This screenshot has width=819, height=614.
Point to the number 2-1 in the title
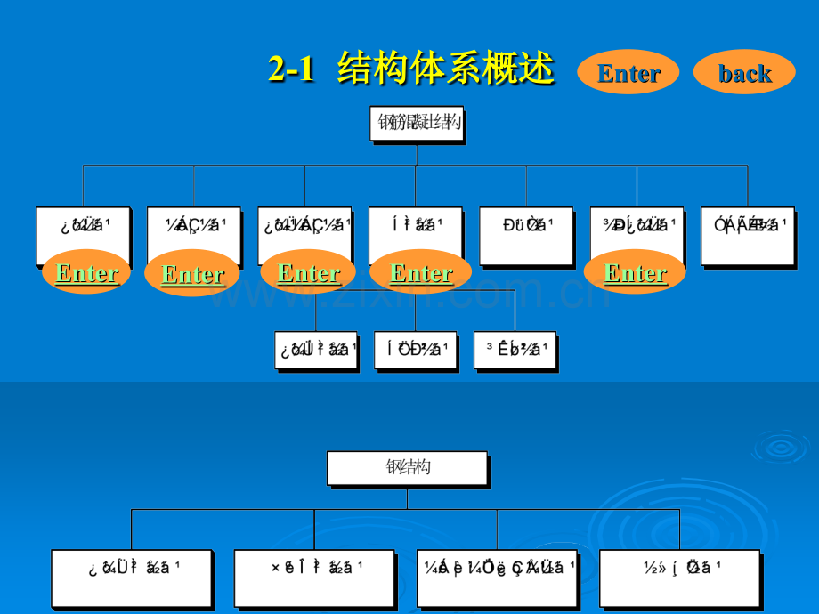point(291,69)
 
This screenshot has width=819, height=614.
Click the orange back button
point(744,72)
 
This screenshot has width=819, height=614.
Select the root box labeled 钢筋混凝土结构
point(417,123)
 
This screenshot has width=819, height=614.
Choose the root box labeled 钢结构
point(407,467)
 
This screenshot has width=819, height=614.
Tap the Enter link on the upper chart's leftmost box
point(86,272)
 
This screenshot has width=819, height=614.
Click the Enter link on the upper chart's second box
point(192,273)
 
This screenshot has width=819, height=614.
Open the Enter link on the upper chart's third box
point(309,272)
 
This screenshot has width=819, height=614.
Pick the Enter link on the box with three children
point(421,272)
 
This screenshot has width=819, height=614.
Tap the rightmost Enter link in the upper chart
point(636,272)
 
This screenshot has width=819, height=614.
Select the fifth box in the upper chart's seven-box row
point(525,236)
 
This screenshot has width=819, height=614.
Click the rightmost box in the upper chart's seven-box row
point(747,236)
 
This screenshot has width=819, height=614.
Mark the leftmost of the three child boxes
point(316,350)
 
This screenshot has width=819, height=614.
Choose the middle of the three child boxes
point(415,350)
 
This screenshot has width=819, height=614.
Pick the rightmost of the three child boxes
point(515,350)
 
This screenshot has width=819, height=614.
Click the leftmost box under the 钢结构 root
point(131,578)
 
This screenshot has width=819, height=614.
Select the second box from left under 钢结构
point(314,578)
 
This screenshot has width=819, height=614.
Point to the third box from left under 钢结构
point(497,578)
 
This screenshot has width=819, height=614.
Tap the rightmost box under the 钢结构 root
point(679,578)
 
